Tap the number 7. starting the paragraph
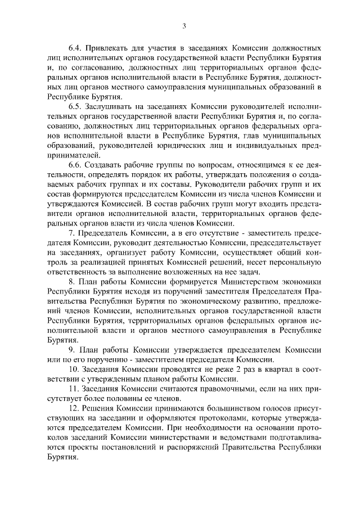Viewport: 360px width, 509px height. [x=71, y=249]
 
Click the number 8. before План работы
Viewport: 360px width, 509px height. [x=71, y=297]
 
